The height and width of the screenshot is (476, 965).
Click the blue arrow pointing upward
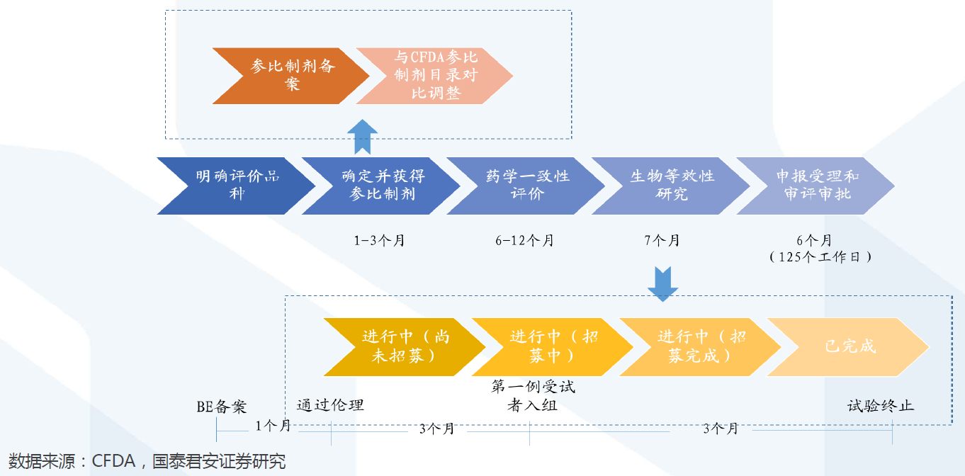tap(363, 136)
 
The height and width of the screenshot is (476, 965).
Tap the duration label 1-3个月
tap(380, 241)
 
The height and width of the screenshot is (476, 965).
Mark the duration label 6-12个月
tap(525, 241)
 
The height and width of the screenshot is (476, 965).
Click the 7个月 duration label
tap(662, 241)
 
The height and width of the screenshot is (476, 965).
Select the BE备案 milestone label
tap(222, 407)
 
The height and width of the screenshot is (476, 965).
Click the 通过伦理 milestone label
tap(330, 405)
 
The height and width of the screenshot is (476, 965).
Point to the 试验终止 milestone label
tap(881, 406)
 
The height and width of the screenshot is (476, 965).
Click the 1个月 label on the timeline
tap(273, 426)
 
